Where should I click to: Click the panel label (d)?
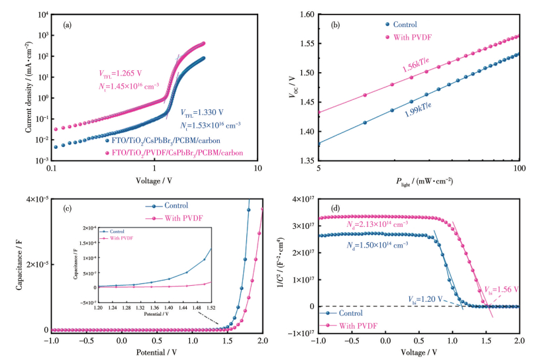pos(336,210)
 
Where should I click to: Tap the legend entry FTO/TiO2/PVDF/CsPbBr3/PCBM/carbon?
pos(173,152)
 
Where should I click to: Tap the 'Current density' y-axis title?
pos(29,87)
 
